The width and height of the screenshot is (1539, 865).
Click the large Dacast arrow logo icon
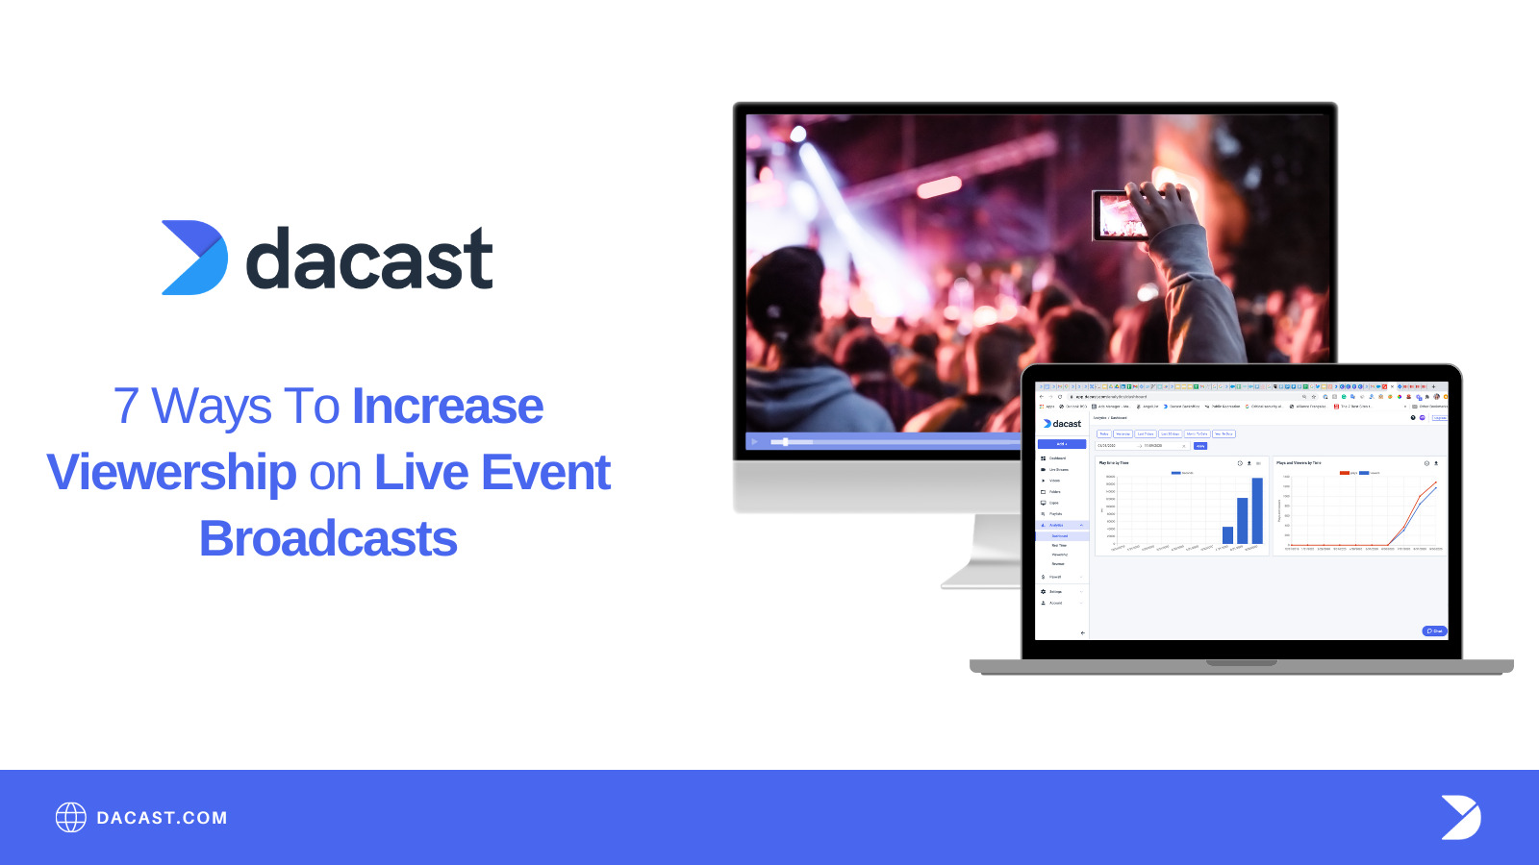[x=195, y=258]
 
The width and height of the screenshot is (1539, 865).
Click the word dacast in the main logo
[x=369, y=259]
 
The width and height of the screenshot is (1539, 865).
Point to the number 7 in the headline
[x=126, y=406]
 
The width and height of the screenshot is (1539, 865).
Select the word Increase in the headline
[x=447, y=406]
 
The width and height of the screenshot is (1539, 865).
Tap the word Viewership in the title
[x=171, y=472]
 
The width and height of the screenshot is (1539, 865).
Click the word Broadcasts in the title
[x=328, y=538]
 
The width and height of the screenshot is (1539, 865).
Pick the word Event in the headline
[x=545, y=472]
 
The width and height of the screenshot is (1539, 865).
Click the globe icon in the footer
[x=70, y=817]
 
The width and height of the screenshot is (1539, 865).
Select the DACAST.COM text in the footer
[x=162, y=818]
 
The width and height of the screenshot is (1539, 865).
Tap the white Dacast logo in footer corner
[x=1460, y=817]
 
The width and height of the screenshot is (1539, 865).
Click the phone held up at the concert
[x=1124, y=214]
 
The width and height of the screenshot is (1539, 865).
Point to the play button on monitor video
[x=755, y=442]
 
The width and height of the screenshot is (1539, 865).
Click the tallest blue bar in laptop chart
[x=1257, y=510]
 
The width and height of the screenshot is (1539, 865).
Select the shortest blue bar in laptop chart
[x=1227, y=534]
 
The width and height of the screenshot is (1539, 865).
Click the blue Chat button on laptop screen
[x=1434, y=630]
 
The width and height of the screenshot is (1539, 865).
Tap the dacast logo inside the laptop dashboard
[x=1062, y=423]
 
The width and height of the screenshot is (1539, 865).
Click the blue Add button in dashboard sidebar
[x=1061, y=444]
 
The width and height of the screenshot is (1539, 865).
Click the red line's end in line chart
[x=1435, y=482]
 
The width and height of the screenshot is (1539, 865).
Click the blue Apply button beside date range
[x=1199, y=446]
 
